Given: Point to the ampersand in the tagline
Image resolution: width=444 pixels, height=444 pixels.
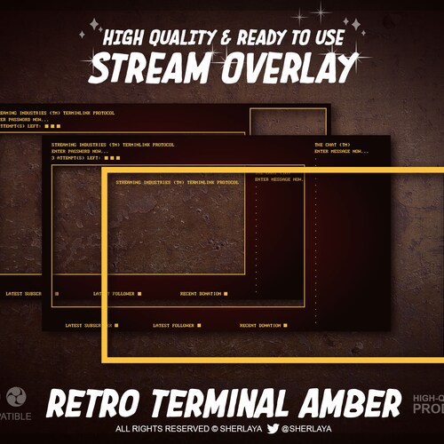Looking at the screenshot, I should point(226,38).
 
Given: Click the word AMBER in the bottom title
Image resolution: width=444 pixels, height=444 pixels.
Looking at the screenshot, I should point(347,405).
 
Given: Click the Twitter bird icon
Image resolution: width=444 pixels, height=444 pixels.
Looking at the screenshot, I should point(273,429).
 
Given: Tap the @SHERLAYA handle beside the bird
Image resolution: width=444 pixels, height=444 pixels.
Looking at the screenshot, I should point(306,429).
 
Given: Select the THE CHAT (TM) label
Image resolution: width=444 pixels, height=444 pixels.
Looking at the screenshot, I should point(331,144).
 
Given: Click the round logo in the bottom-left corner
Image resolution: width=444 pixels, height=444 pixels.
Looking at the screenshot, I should point(14,397).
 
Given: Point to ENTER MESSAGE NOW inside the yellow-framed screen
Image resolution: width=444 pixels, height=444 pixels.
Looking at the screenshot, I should point(278,179).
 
